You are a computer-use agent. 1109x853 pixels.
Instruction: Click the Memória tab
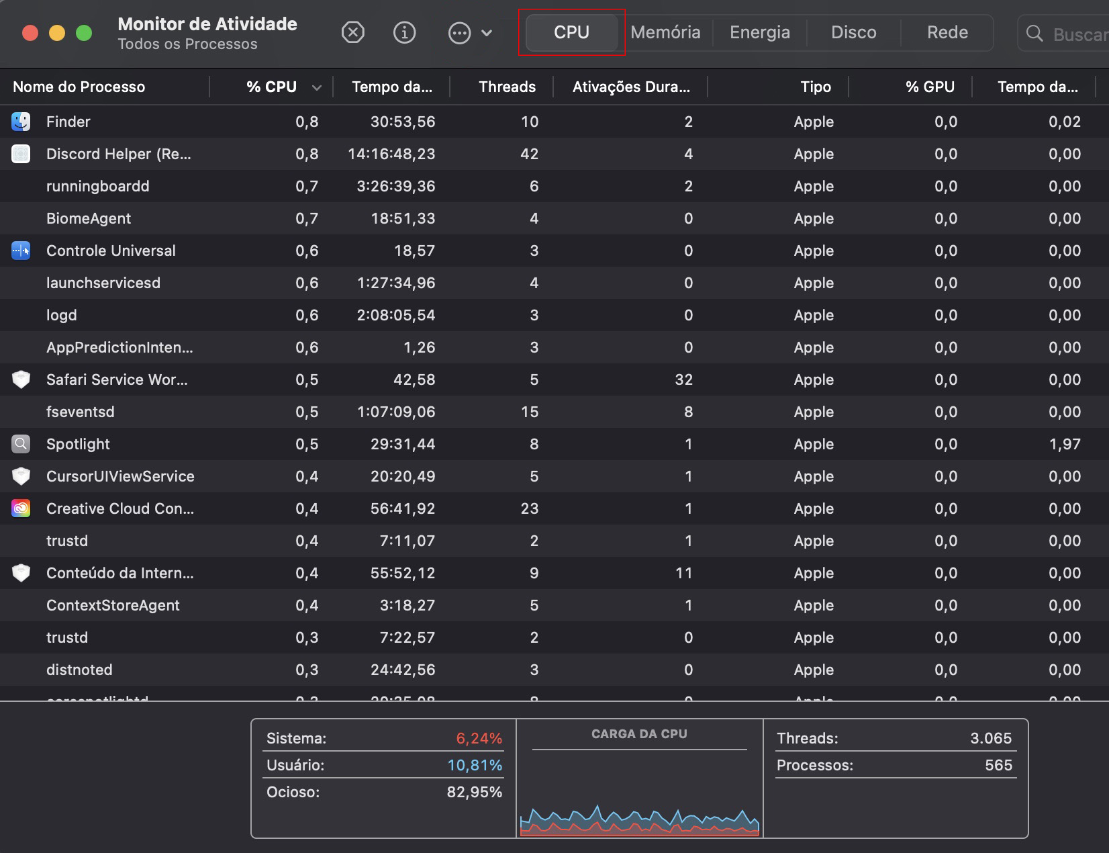[x=665, y=32]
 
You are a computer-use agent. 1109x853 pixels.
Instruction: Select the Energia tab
[x=759, y=32]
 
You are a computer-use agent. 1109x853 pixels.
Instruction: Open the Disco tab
[x=853, y=32]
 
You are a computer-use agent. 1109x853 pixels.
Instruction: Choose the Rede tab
[x=947, y=32]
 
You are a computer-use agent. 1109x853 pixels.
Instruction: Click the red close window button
[x=30, y=33]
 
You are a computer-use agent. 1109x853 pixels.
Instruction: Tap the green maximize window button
[x=84, y=33]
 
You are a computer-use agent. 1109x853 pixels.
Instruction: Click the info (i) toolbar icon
[x=404, y=32]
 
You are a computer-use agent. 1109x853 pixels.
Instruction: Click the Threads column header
[x=507, y=87]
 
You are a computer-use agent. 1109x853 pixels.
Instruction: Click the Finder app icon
[x=21, y=122]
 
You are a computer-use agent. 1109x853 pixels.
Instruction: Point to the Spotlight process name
[x=78, y=444]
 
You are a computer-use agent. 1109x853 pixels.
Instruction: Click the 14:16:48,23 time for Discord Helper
[x=391, y=154]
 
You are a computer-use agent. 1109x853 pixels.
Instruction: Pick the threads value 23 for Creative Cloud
[x=529, y=508]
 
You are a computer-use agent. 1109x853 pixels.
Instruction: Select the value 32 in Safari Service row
[x=683, y=379]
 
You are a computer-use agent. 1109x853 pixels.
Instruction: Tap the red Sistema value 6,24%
[x=479, y=738]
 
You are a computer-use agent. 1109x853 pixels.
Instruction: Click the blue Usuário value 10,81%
[x=475, y=765]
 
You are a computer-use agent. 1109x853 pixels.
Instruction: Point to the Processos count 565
[x=998, y=765]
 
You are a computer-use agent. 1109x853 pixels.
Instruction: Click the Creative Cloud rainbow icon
[x=21, y=508]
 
